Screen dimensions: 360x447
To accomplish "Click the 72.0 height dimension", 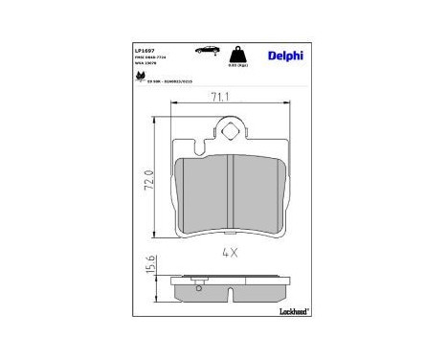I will point(148,180).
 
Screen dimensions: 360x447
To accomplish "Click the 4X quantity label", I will point(230,254).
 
